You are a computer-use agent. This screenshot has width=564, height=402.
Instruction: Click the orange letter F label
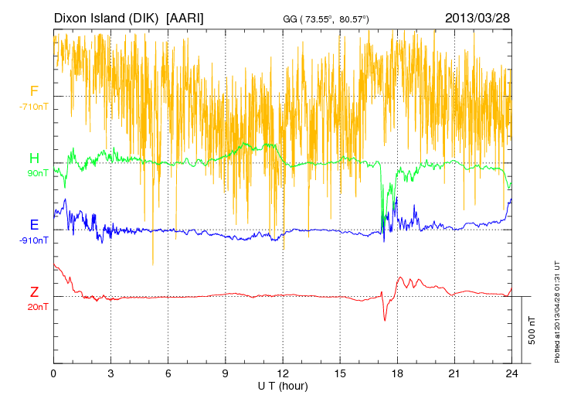coord(34,91)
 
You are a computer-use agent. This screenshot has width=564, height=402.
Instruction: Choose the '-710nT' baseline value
coord(34,107)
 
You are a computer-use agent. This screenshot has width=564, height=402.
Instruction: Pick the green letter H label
coord(34,158)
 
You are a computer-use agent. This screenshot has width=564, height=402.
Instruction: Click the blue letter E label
coord(34,225)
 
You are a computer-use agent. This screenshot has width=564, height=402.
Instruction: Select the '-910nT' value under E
coord(34,240)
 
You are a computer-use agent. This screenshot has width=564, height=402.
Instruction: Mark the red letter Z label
coord(34,291)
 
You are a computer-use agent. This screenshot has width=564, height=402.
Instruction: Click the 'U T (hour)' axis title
coord(283,385)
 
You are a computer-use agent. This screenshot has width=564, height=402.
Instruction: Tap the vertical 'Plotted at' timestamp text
coord(557,309)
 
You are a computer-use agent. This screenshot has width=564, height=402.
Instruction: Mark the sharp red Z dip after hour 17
coord(385,319)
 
